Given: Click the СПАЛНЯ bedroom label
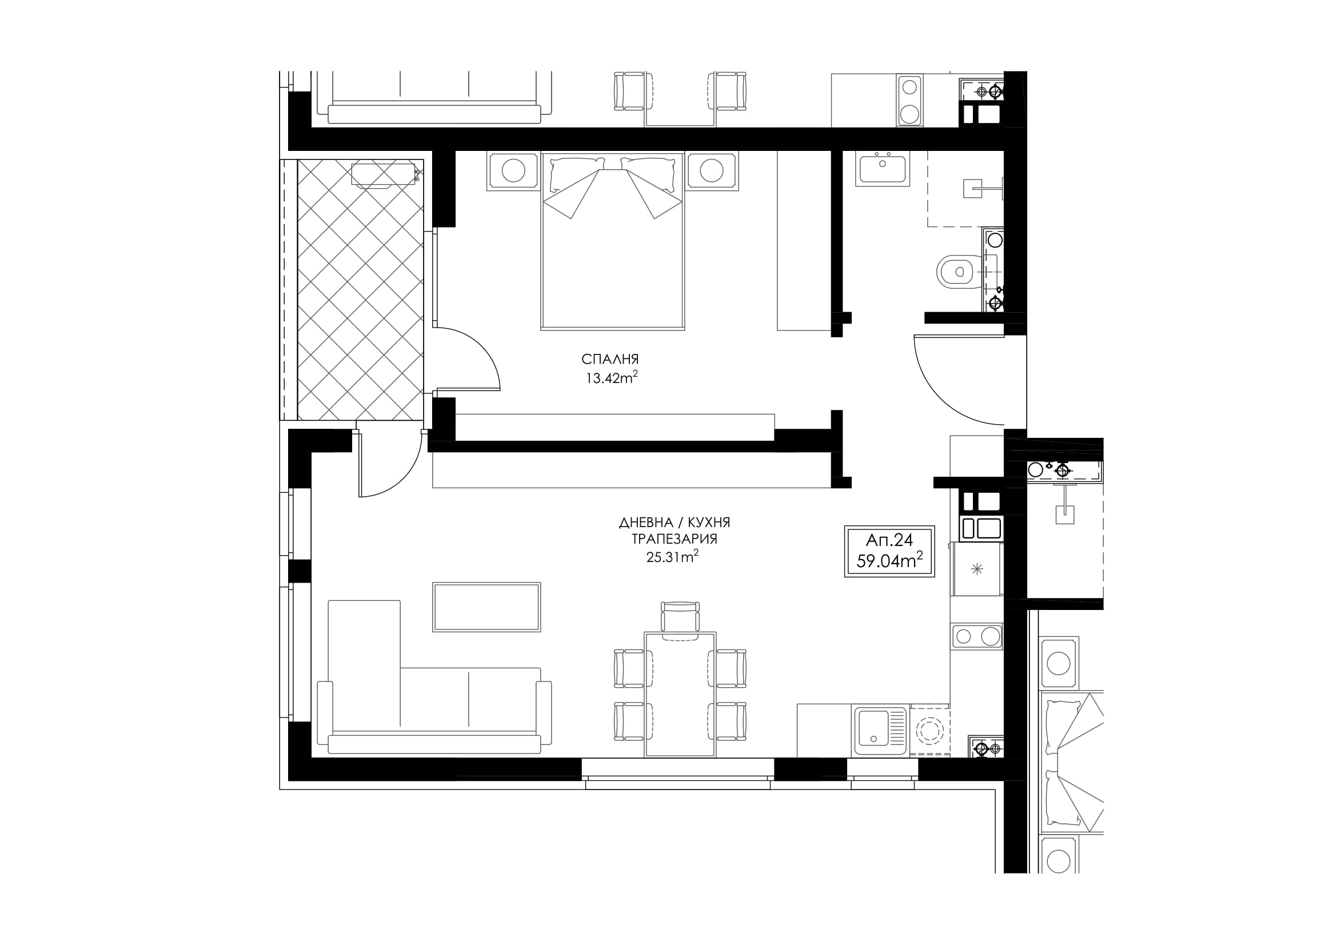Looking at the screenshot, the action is tap(610, 359).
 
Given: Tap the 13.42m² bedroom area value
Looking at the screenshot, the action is tap(612, 378).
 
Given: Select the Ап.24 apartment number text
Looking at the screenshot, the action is tap(889, 540).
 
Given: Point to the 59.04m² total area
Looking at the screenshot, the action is tap(889, 561).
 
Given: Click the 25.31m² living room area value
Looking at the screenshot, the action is tap(672, 557).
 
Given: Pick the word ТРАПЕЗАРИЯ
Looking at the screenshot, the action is tap(675, 539).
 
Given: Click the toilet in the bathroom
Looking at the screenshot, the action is tap(960, 272).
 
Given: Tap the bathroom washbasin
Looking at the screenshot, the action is tap(882, 168).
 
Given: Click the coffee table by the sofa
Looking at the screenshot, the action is tap(486, 607).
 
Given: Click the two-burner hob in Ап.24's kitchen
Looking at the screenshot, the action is tap(976, 636).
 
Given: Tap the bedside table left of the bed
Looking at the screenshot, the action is tap(513, 170).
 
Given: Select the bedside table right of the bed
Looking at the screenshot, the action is tap(712, 170).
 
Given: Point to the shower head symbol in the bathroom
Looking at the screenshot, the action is tap(972, 188).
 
